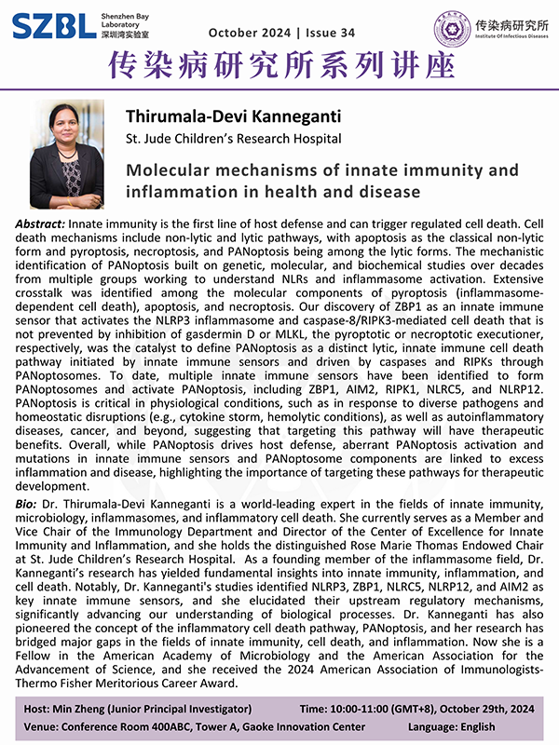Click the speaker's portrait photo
pos(67,155)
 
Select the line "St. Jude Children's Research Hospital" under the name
pos(233,139)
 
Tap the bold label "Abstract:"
pos(40,225)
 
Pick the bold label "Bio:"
pos(28,503)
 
